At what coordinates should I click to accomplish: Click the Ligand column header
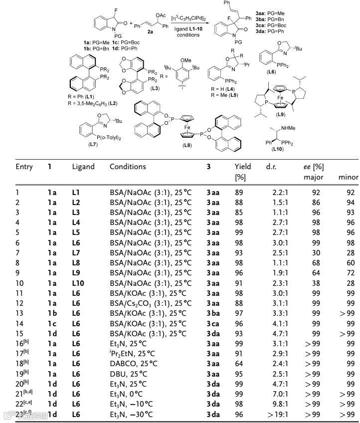(83, 167)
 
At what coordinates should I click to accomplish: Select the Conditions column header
(128, 167)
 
